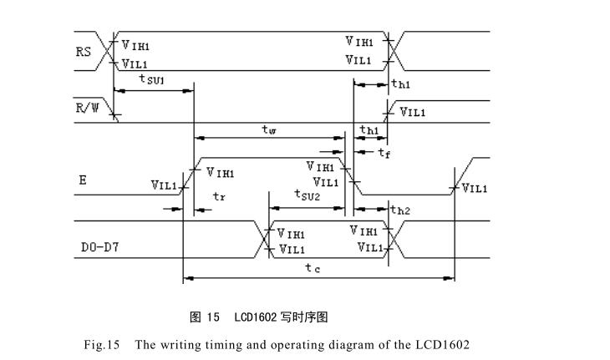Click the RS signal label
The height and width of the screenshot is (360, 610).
click(x=84, y=52)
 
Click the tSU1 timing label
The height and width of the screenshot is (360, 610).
click(x=151, y=79)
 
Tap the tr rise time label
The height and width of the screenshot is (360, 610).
click(x=219, y=197)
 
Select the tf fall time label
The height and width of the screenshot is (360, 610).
click(x=384, y=153)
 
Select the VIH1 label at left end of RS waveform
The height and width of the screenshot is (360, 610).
click(x=137, y=47)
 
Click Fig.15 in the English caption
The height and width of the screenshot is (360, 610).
click(x=103, y=344)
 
